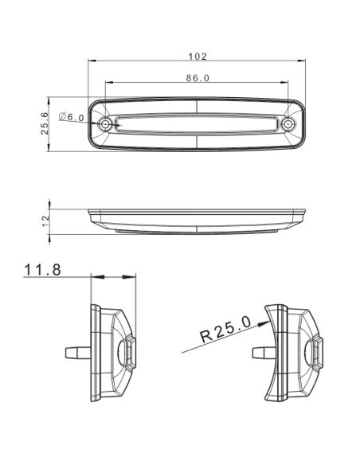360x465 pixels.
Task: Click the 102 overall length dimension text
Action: click(x=198, y=56)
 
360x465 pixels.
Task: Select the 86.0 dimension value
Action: click(x=198, y=77)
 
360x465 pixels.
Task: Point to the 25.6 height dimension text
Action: click(x=45, y=123)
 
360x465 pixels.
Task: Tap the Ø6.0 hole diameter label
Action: click(x=72, y=117)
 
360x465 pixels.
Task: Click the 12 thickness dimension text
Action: click(x=45, y=219)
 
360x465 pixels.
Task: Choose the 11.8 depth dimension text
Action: click(x=43, y=270)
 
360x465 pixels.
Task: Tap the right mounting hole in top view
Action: click(x=288, y=125)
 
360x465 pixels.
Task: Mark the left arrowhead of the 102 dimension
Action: click(x=91, y=61)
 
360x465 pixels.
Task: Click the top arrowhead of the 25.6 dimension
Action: click(x=53, y=102)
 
